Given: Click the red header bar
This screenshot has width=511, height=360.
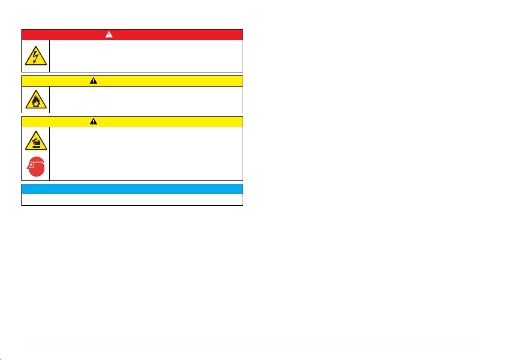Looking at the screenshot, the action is pos(171,35).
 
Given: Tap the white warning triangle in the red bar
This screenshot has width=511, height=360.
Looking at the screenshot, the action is pos(109,35).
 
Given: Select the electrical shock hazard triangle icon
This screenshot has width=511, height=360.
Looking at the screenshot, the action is pos(36,56).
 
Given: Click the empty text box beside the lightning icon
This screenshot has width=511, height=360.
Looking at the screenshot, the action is pos(146,56).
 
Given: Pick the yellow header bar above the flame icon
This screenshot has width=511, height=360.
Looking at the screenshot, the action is pos(171,81).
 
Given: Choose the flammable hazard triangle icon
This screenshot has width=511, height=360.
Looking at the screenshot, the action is pos(36,100).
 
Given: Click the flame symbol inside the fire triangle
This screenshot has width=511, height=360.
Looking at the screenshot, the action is pos(36,102).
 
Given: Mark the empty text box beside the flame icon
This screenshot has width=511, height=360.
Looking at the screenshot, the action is pos(146,100).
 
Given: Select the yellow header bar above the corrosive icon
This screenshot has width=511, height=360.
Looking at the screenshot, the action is pos(171,121).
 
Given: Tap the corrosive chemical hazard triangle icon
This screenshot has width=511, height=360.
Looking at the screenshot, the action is pos(36,141).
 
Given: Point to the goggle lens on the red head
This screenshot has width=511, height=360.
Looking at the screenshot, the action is pos(31,165).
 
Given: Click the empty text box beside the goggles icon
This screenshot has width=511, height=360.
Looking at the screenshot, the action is pos(146,153).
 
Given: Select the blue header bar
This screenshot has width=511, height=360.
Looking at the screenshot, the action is pos(132,189).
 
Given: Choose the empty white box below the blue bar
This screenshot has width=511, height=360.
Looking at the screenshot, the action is pos(132,200).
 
